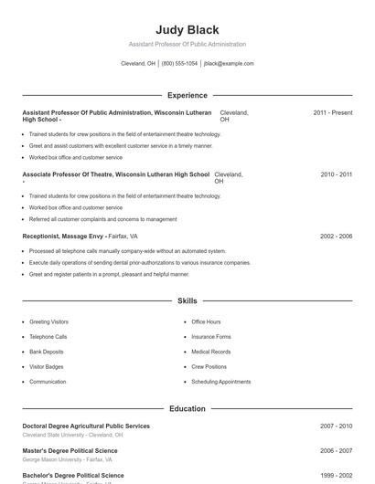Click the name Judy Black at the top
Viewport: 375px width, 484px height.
(x=187, y=29)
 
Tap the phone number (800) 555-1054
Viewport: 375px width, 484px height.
(x=179, y=64)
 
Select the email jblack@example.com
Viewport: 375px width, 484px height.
(x=229, y=64)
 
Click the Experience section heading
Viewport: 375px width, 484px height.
(x=187, y=95)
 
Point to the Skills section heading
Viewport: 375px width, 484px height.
(x=187, y=300)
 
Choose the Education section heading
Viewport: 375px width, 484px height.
(x=187, y=409)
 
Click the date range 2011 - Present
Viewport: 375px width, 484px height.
(x=332, y=112)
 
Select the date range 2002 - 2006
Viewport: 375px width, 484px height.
(x=336, y=236)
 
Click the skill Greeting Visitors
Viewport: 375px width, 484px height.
(x=48, y=322)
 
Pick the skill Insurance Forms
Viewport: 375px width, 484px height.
(x=210, y=337)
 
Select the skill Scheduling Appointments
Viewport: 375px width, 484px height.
(x=220, y=382)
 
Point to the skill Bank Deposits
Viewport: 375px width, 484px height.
(x=47, y=352)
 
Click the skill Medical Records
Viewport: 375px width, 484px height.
(x=210, y=352)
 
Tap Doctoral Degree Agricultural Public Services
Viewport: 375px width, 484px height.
(x=86, y=426)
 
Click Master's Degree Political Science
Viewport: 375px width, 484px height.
(x=70, y=451)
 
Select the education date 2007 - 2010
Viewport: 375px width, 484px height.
(x=336, y=426)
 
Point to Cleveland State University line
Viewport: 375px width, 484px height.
(x=72, y=436)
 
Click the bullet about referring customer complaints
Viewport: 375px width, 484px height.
(x=102, y=219)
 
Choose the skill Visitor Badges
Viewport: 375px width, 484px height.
(x=48, y=367)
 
